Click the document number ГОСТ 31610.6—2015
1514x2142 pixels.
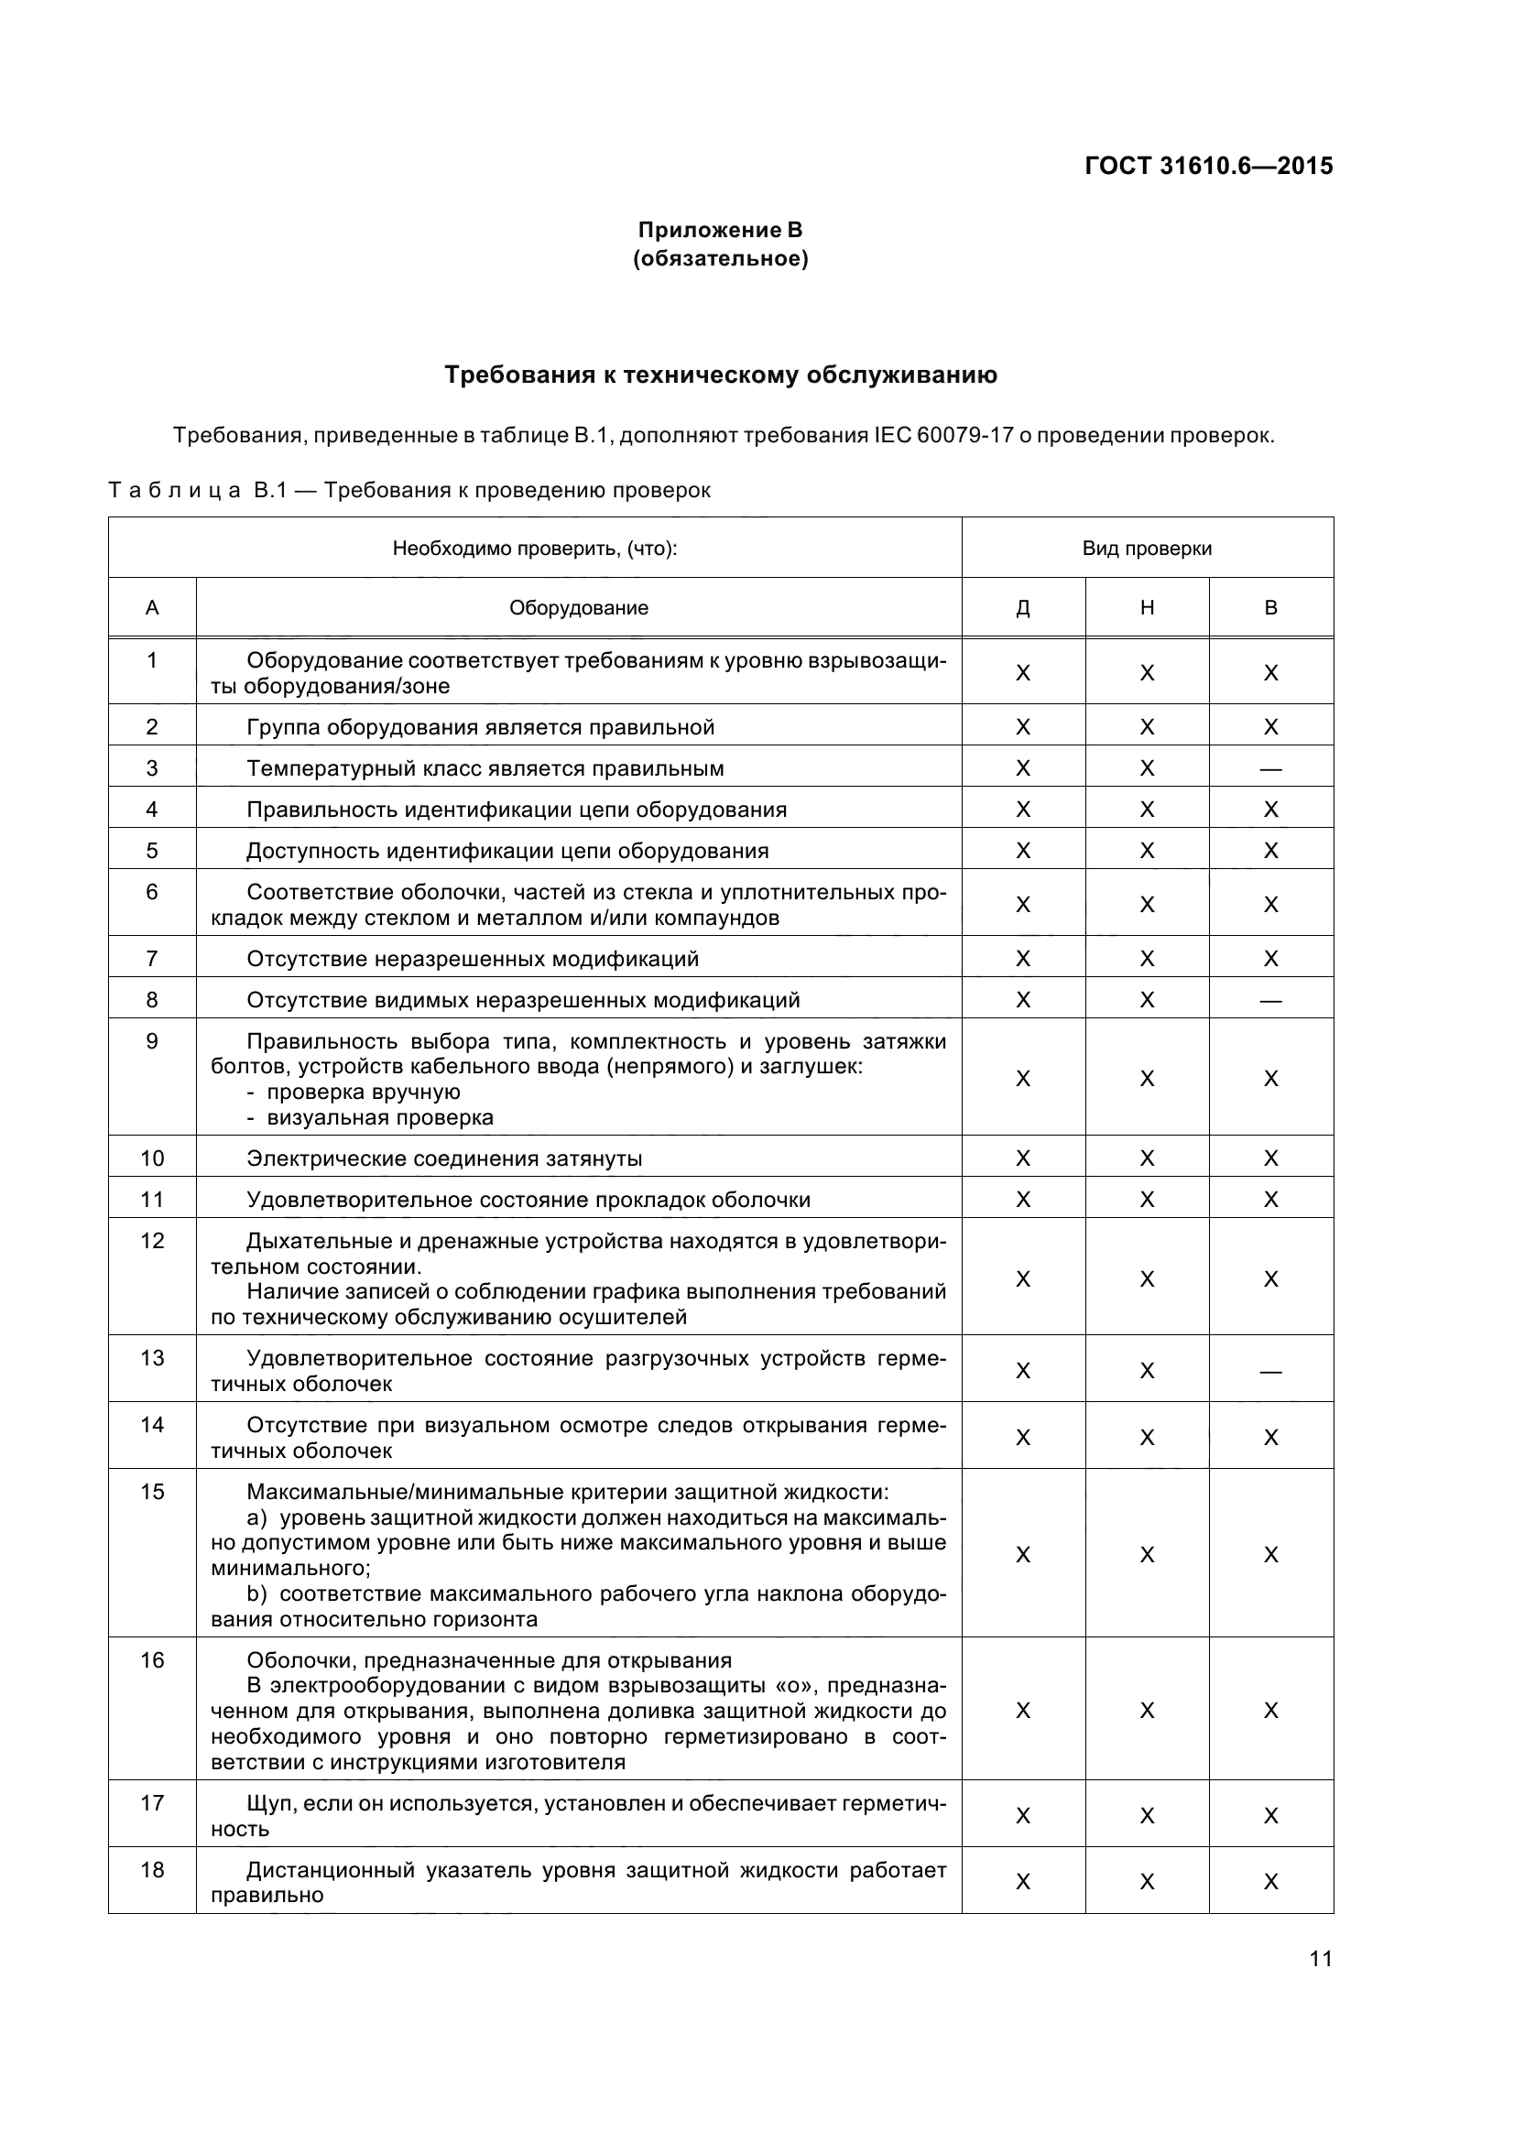(x=1209, y=166)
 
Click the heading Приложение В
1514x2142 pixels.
(x=719, y=230)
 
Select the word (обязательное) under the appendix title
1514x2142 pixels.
(x=720, y=258)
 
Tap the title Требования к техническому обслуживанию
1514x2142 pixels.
(x=720, y=375)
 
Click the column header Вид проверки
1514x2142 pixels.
(x=1147, y=549)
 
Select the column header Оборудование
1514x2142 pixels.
(x=578, y=608)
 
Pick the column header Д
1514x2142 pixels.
(x=1022, y=608)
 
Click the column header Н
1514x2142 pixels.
(x=1147, y=608)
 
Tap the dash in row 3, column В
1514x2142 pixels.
(x=1270, y=769)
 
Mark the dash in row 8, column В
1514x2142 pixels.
(x=1270, y=1001)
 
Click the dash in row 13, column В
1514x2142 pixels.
(x=1270, y=1372)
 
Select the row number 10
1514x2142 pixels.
(x=152, y=1158)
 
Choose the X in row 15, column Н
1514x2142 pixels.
(x=1147, y=1555)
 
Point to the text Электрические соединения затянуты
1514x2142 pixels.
(x=444, y=1159)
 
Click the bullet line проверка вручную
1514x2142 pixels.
(x=363, y=1093)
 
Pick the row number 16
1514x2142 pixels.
(x=152, y=1660)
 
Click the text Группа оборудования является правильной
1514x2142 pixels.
(x=481, y=728)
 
